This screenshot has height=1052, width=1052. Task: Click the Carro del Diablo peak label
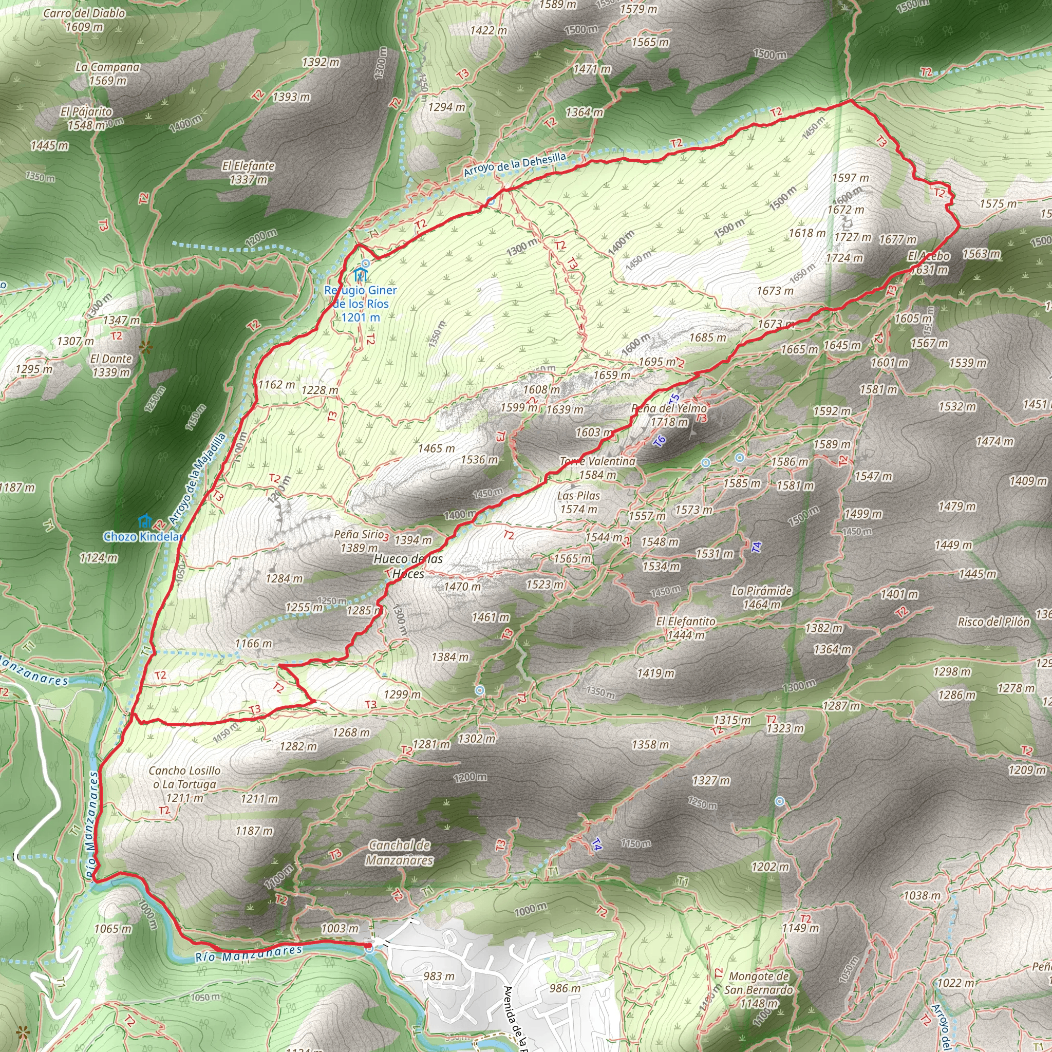(84, 13)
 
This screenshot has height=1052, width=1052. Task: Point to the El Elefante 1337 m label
(248, 173)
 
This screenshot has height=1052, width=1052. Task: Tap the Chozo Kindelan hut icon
(144, 520)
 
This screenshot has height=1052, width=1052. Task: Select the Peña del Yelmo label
(669, 408)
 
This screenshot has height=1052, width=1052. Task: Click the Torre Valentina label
(597, 461)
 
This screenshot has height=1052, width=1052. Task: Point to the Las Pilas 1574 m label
(578, 502)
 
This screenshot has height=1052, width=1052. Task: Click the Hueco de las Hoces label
(408, 566)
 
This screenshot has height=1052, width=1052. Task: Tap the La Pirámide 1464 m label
(761, 597)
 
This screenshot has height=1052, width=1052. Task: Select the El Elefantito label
(686, 622)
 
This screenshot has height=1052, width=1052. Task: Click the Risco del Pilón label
(993, 622)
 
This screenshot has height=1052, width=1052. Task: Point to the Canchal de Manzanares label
(400, 852)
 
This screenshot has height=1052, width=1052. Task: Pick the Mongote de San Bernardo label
(758, 983)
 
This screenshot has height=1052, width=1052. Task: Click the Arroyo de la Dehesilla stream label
(515, 165)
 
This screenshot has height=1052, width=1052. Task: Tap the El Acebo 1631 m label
(928, 262)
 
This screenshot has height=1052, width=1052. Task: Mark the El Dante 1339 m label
(111, 365)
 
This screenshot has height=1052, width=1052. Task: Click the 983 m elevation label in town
(439, 976)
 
